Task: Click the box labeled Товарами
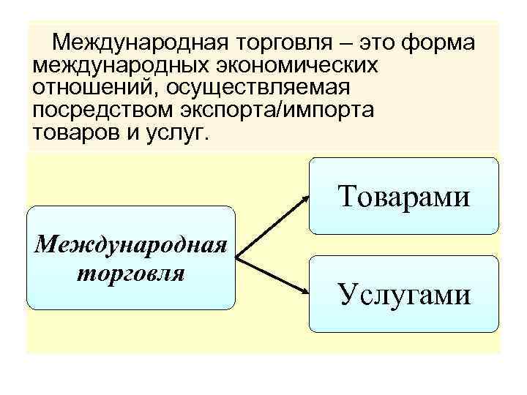click(x=404, y=196)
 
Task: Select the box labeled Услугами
click(x=404, y=293)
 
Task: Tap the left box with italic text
click(x=131, y=257)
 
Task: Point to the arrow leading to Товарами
click(x=272, y=227)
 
